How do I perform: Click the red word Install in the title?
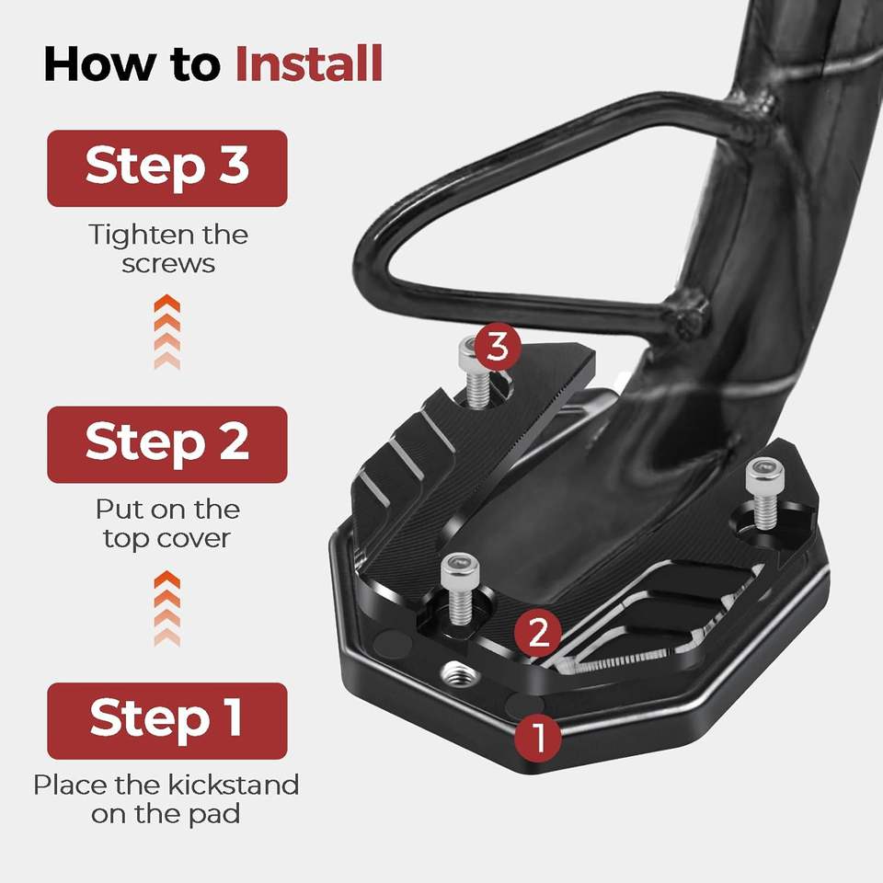coord(309,64)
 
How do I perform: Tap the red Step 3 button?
coord(167,168)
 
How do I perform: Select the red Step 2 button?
coord(167,444)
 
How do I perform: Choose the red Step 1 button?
coord(167,721)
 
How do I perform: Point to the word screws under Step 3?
coord(168,264)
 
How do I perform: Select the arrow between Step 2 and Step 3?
coord(167,332)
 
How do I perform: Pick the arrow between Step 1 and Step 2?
coord(167,608)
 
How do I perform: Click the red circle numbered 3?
coord(497,347)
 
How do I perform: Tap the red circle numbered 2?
coord(538,633)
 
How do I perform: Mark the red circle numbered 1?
coord(538,737)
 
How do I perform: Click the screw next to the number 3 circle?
coord(476,372)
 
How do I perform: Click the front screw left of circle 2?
coord(460,589)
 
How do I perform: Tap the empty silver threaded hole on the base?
coord(458,672)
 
